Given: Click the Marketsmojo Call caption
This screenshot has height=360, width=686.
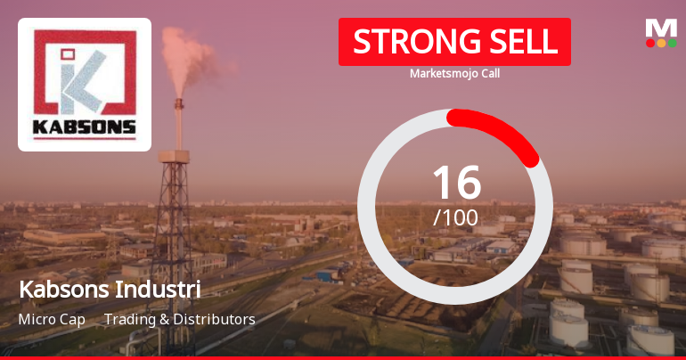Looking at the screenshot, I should click(x=454, y=74).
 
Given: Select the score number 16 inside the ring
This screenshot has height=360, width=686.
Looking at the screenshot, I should click(x=455, y=182).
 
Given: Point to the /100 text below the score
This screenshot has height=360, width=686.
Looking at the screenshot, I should click(x=455, y=217).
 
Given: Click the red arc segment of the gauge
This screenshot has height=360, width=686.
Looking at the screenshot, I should click(x=503, y=130).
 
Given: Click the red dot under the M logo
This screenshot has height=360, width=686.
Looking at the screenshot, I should click(x=650, y=43).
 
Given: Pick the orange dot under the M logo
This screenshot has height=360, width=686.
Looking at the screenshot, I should click(x=661, y=43).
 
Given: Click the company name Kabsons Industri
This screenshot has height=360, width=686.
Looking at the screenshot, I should click(x=109, y=290).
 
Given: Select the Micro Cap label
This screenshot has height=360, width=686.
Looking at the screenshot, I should click(x=52, y=319).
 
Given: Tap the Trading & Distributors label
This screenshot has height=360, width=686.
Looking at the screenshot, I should click(x=179, y=319).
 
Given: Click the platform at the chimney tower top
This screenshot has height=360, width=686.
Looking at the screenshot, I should click(x=176, y=157).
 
